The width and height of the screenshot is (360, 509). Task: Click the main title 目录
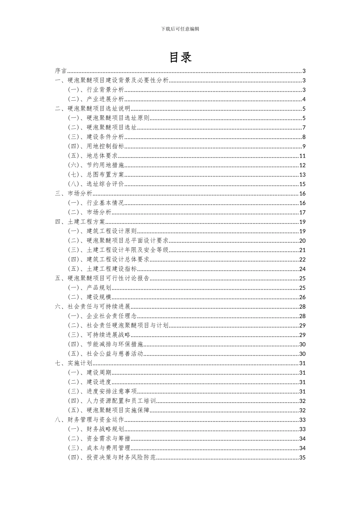[x=180, y=57]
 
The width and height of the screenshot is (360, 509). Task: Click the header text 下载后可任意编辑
[x=180, y=29]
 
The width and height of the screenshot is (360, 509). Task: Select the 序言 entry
[x=61, y=71]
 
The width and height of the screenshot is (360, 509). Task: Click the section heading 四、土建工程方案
[x=80, y=222]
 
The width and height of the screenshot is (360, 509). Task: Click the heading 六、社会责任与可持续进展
[x=92, y=307]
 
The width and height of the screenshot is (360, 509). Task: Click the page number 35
[x=302, y=457]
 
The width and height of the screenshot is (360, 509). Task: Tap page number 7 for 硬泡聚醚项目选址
[x=304, y=128]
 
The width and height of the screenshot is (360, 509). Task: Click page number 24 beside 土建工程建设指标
[x=302, y=269]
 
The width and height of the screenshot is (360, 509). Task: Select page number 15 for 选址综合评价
[x=302, y=184]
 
